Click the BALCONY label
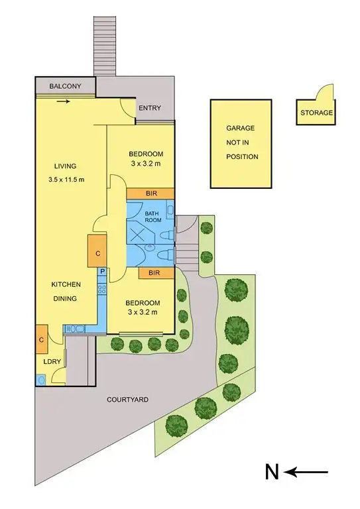65,86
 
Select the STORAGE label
317,113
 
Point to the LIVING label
66,166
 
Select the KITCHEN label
66,284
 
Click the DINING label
66,298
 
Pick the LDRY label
52,362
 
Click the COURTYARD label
127,400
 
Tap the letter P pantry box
103,272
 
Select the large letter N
271,472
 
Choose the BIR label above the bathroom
151,193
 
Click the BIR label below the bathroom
156,272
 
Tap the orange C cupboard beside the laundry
41,339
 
